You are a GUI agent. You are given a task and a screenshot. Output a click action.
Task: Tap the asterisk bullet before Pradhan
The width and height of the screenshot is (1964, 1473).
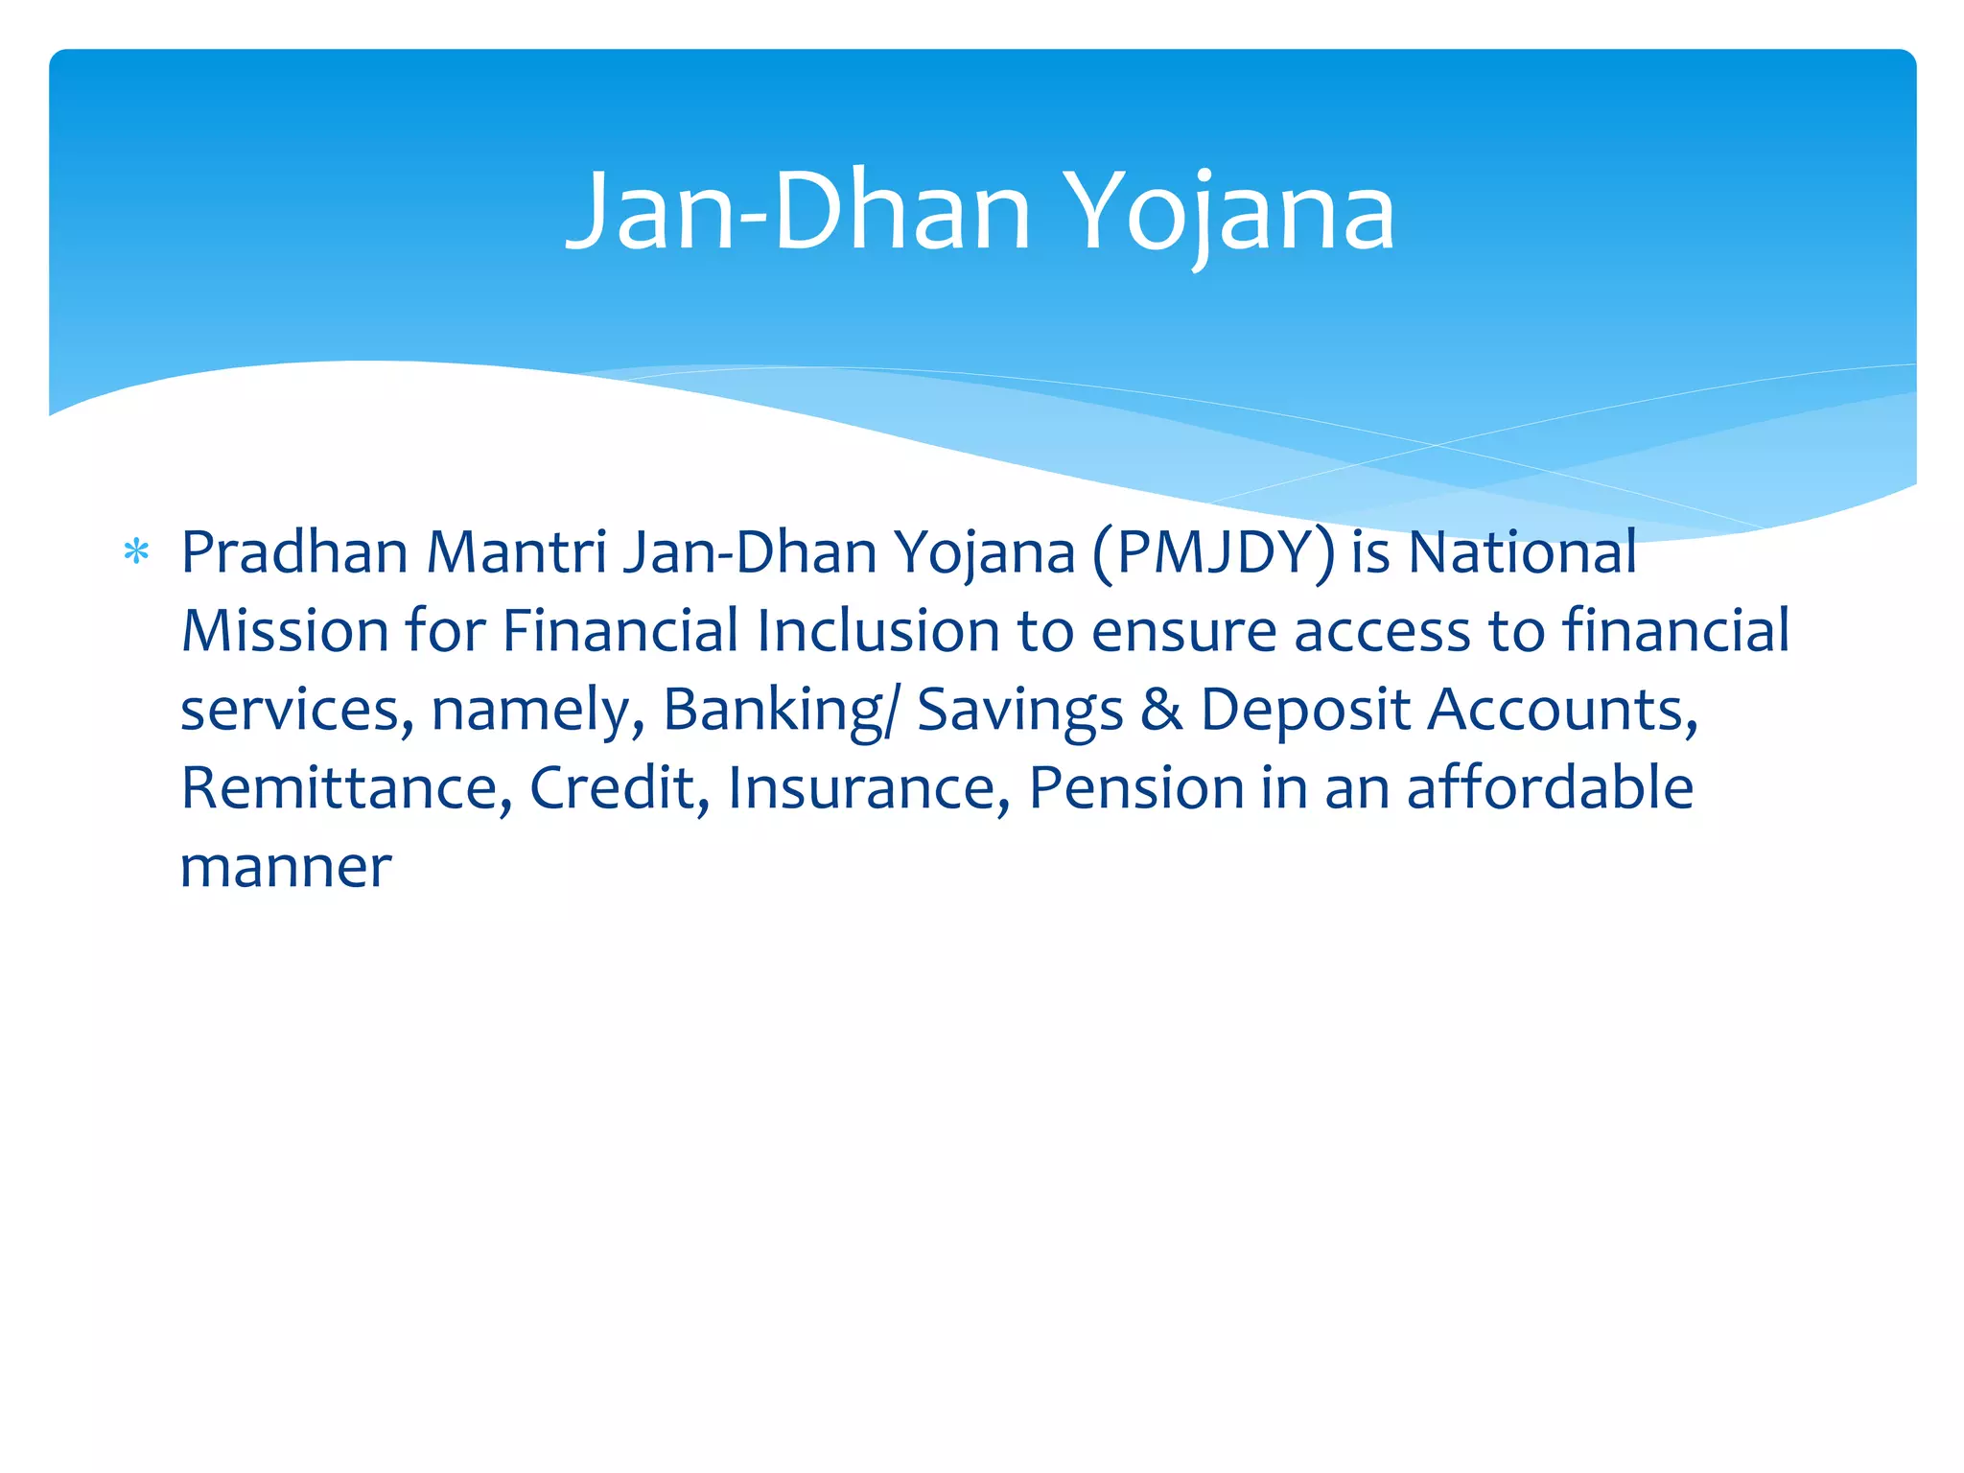tap(136, 553)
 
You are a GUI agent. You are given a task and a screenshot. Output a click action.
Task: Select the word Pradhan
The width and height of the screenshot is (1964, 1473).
tap(294, 553)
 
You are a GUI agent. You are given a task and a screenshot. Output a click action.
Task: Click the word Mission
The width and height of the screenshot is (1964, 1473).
tap(285, 632)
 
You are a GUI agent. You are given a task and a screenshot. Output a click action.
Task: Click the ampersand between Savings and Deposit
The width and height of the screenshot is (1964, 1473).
tap(1161, 711)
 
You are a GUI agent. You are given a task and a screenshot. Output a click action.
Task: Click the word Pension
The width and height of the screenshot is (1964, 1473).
tap(1136, 789)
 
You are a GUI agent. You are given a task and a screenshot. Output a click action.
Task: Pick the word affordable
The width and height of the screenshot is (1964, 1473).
tap(1550, 789)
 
